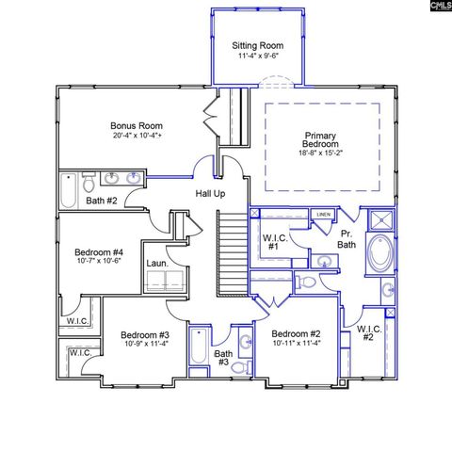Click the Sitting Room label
coord(258,45)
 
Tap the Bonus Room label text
coord(137,124)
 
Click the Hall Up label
coord(209,193)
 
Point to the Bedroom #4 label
coord(99,251)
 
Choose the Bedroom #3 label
coord(144,334)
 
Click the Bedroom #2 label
coord(297,334)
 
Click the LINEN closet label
coord(323,215)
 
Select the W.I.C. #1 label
coord(276,241)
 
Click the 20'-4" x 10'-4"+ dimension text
coord(137,136)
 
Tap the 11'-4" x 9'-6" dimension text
coord(258,56)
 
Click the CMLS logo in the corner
coord(440,7)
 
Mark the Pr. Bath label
coord(347,237)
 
